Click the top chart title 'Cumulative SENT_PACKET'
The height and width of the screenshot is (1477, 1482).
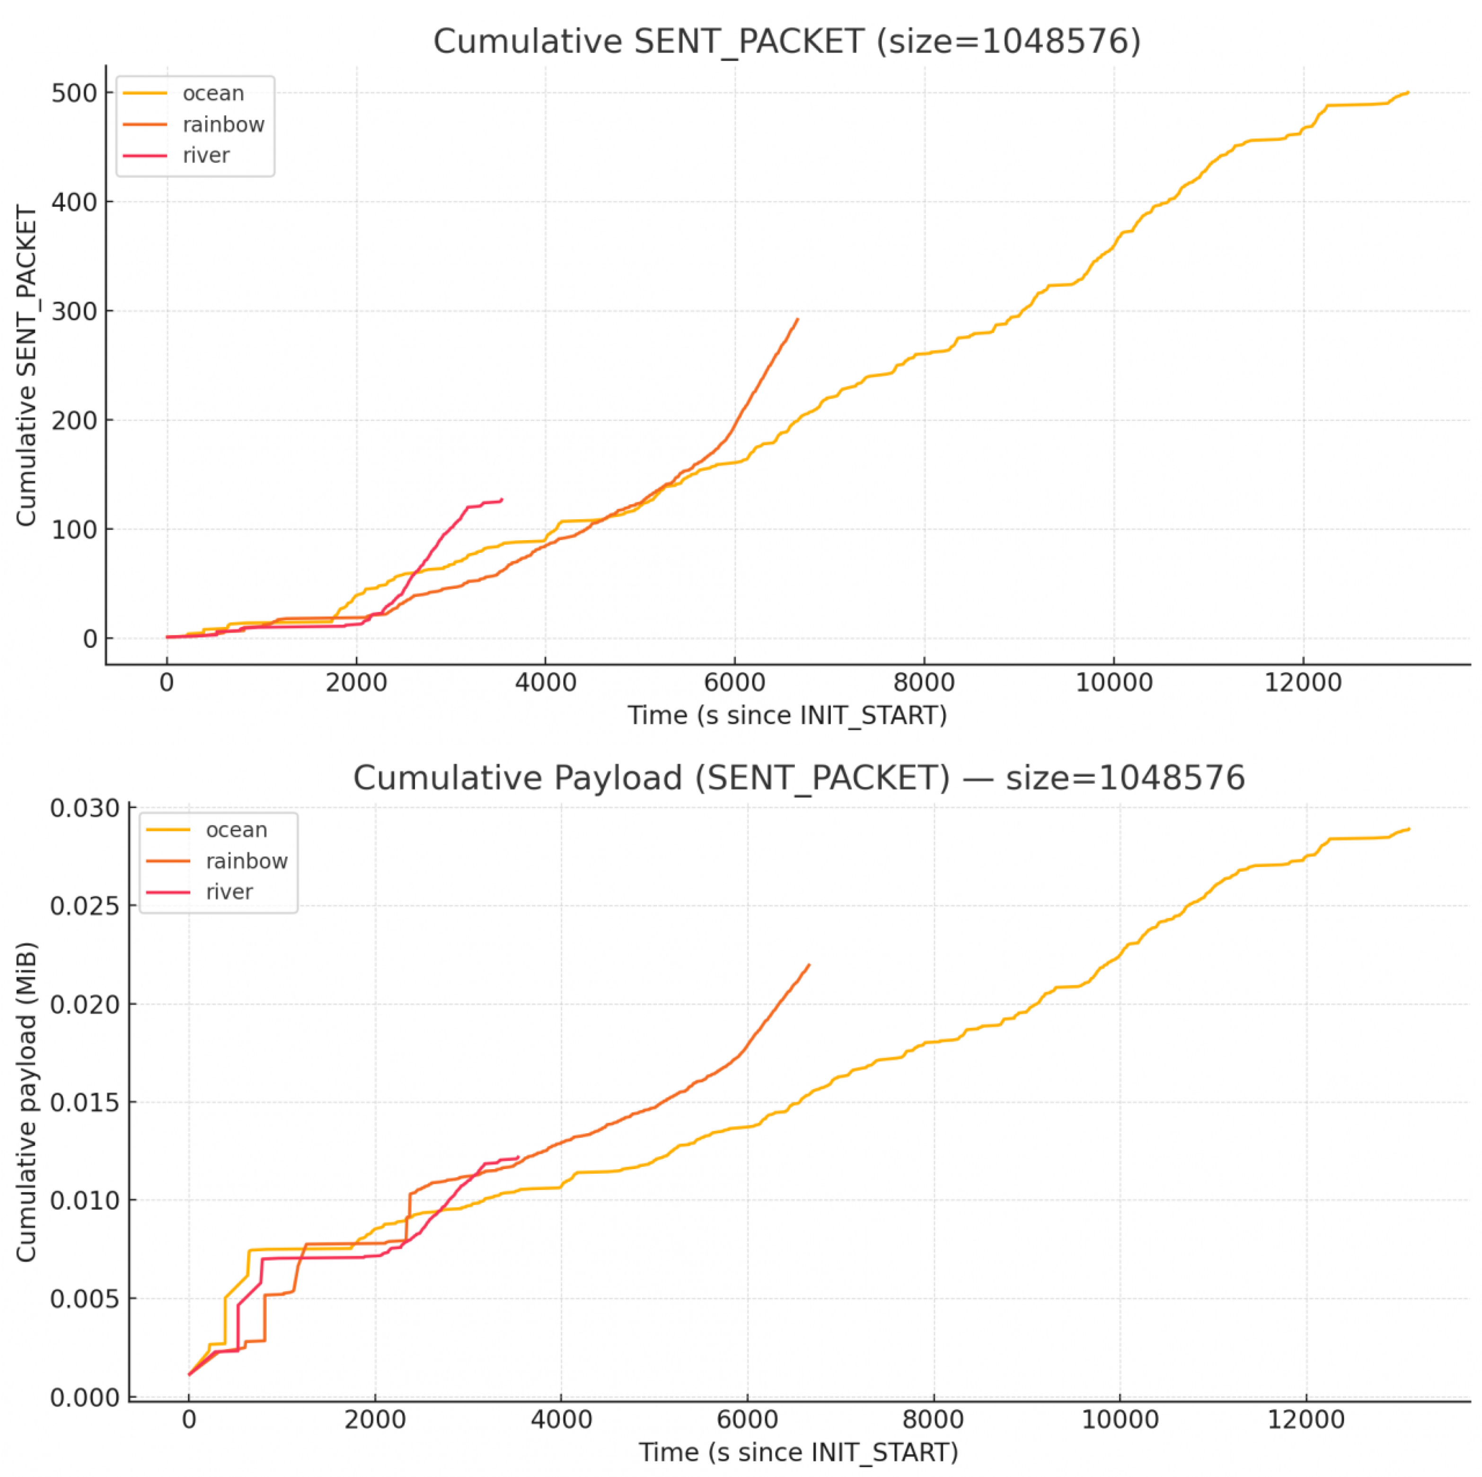tap(786, 42)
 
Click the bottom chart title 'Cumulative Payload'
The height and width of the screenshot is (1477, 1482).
tap(798, 778)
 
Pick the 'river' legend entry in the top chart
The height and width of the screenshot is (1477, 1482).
tap(205, 156)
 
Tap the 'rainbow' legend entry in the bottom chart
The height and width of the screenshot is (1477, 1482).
tap(246, 861)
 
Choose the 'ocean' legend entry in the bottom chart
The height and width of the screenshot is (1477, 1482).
tap(236, 830)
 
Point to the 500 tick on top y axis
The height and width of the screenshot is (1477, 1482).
tap(74, 94)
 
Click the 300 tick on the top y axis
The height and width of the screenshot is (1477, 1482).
tap(74, 311)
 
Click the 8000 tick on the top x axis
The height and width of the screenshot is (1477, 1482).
tap(924, 682)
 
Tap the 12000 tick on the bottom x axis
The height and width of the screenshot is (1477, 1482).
tap(1306, 1419)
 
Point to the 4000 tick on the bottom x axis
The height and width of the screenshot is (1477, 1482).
tap(561, 1419)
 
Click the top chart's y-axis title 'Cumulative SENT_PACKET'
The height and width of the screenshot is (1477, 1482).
tap(27, 365)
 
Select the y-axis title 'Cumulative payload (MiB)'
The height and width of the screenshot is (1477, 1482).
tap(27, 1102)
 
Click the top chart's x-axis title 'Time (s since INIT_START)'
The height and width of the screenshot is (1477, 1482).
tap(787, 716)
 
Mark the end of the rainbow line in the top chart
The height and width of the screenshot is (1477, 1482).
tap(798, 319)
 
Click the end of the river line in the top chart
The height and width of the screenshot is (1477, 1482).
tap(502, 499)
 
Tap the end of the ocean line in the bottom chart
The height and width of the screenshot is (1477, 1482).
tap(1409, 829)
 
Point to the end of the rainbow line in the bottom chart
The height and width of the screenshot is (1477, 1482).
tap(809, 965)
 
